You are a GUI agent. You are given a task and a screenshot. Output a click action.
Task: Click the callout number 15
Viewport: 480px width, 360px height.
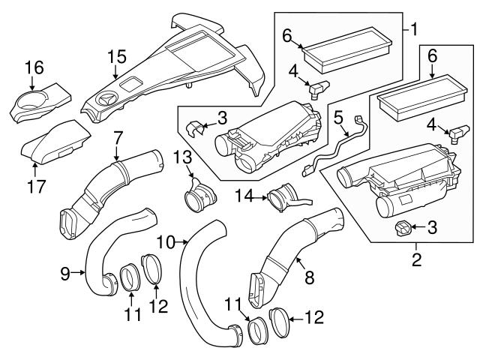[x=115, y=57]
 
